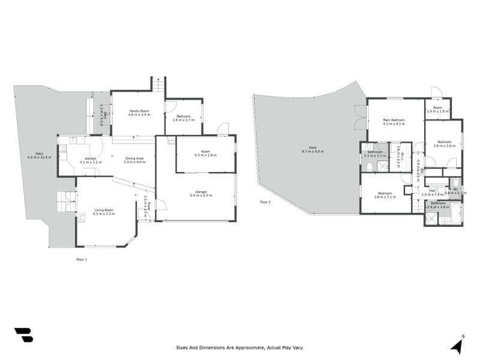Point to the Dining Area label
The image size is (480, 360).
tap(134, 159)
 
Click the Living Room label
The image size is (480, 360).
tap(104, 211)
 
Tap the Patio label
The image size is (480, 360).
tap(39, 155)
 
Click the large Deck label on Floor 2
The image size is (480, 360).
tap(313, 149)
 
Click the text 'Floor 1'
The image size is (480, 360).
tap(81, 259)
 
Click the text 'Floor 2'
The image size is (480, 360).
tap(265, 202)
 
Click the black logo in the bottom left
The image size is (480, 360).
tap(23, 335)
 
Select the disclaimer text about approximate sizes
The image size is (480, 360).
tap(239, 347)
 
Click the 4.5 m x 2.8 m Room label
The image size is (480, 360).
tap(205, 153)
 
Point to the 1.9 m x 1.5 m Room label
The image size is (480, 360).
tap(437, 110)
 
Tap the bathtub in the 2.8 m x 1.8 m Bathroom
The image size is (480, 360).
tap(455, 213)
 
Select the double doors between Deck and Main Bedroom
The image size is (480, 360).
tap(360, 116)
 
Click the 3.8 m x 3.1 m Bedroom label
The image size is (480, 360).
tap(384, 195)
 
